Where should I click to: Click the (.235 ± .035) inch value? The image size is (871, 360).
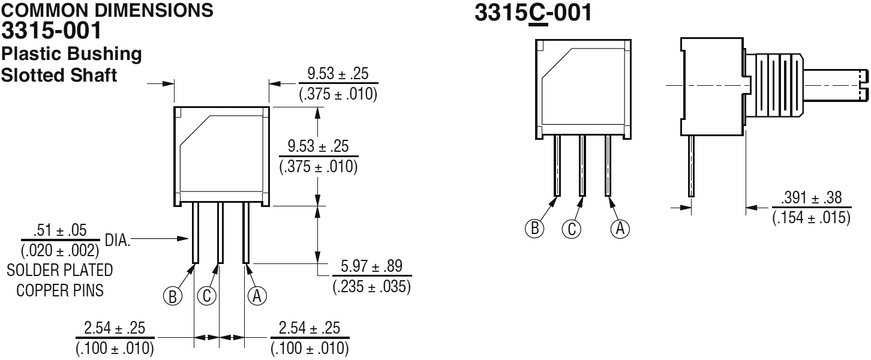[x=371, y=286]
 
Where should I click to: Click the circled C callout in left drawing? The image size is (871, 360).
[x=206, y=296]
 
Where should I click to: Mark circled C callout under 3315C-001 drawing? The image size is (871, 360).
[x=570, y=229]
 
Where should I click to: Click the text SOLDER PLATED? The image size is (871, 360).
[x=60, y=270]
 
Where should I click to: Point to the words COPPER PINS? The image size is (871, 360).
[x=60, y=291]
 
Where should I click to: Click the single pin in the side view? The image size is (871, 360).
[x=691, y=165]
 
